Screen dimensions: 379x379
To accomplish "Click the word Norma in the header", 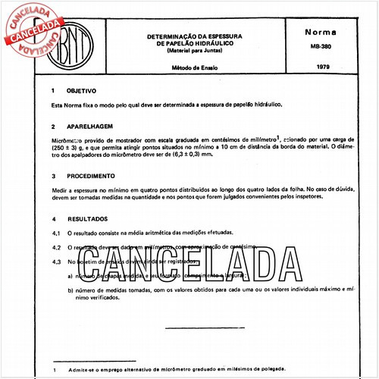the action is point(321,34).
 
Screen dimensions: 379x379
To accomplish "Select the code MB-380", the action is point(321,45).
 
